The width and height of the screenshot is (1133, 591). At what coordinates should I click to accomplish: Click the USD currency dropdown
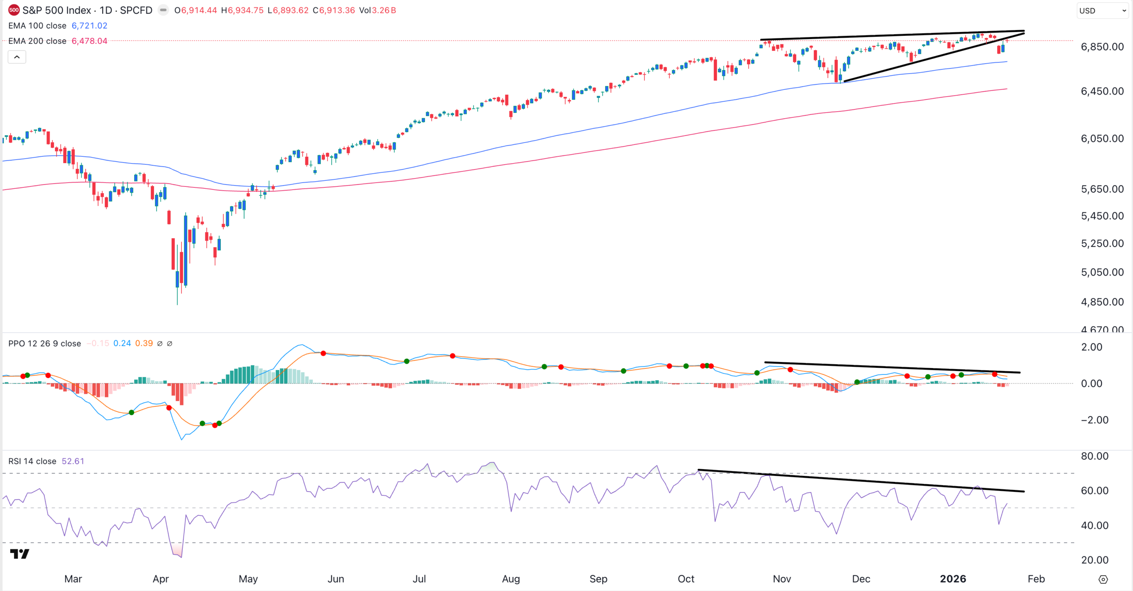[1102, 11]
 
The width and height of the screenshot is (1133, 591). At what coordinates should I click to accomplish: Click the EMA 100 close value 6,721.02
[89, 26]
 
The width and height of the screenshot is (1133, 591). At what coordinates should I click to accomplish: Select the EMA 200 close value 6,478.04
[89, 41]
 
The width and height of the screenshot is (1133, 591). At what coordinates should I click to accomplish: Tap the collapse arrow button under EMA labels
[17, 57]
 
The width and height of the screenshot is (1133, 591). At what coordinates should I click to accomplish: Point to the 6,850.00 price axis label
[1102, 47]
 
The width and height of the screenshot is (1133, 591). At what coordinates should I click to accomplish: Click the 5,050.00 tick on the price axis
[1102, 272]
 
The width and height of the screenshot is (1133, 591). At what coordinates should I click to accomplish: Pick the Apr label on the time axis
[161, 579]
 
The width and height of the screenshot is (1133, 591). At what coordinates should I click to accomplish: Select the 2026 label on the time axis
[953, 579]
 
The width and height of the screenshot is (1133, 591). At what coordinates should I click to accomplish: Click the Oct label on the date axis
[686, 579]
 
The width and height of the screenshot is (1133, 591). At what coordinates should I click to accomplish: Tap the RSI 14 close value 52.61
[73, 461]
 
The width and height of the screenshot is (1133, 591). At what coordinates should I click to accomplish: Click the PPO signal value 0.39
[144, 343]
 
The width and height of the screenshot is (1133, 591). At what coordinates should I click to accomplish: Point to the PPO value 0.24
[122, 343]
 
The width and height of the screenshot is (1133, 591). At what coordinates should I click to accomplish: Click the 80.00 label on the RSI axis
[1094, 456]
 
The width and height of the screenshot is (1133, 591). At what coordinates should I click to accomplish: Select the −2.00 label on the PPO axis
[1094, 420]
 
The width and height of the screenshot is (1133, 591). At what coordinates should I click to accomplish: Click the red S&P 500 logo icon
[14, 10]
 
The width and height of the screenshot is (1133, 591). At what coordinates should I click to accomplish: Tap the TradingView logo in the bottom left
[19, 554]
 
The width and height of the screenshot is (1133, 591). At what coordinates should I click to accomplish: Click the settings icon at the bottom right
[1103, 579]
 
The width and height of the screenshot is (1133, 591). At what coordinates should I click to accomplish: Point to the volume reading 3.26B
[384, 10]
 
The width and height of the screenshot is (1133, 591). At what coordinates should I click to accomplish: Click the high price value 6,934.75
[246, 10]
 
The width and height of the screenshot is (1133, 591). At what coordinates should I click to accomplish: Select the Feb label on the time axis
[1036, 579]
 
